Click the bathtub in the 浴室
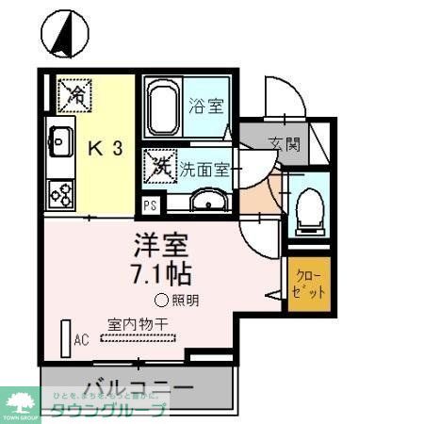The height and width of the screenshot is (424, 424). (166, 107)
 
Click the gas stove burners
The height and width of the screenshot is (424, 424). (61, 192)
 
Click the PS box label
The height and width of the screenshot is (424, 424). (150, 204)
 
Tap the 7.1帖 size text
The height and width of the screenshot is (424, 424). (162, 274)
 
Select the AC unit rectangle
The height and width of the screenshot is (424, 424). (65, 338)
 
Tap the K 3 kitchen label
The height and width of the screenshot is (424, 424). (106, 149)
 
